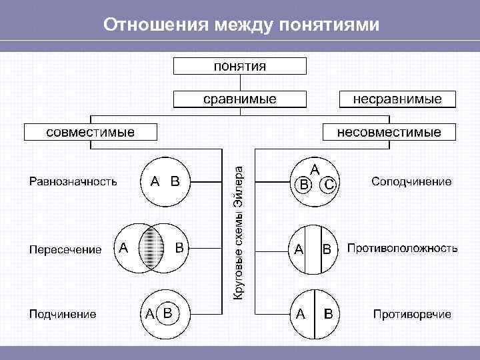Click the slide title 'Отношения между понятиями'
click(x=241, y=25)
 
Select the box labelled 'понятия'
click(x=240, y=65)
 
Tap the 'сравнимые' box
click(x=240, y=99)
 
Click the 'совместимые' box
click(x=90, y=131)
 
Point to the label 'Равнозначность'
click(x=73, y=181)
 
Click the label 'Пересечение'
click(x=65, y=250)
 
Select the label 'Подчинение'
click(x=62, y=314)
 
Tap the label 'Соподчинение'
click(x=411, y=181)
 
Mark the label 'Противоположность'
click(x=402, y=248)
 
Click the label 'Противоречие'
click(x=412, y=314)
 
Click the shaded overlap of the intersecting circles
click(x=154, y=247)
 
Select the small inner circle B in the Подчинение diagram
click(x=169, y=312)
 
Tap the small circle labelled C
click(x=329, y=185)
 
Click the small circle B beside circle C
click(x=304, y=185)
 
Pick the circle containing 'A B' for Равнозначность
click(x=165, y=181)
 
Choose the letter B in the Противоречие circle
click(x=328, y=313)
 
